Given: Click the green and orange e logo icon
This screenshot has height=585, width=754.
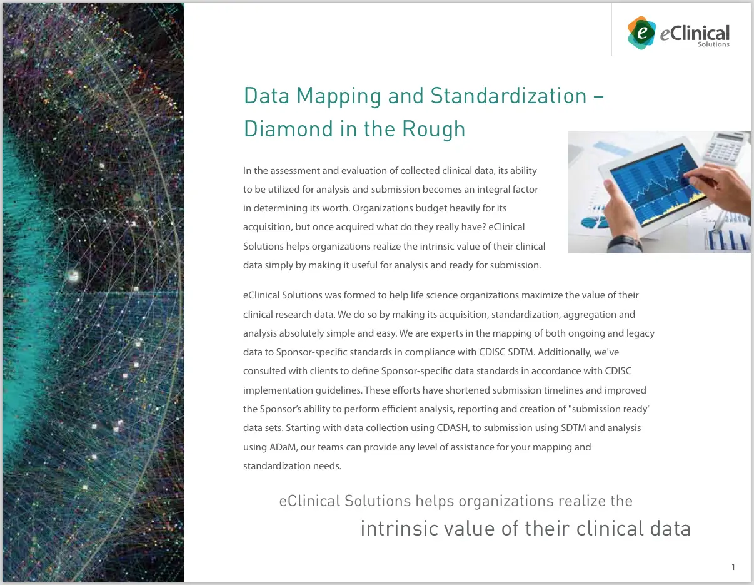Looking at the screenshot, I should click(x=641, y=33).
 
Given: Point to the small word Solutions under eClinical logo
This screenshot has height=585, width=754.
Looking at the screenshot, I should click(x=713, y=44).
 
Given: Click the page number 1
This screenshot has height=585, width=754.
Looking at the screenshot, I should click(x=733, y=567).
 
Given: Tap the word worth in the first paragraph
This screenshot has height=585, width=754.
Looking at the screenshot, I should click(x=363, y=208).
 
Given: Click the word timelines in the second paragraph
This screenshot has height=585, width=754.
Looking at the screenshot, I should click(x=562, y=390).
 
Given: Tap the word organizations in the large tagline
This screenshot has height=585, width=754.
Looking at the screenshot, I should click(x=506, y=501).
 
